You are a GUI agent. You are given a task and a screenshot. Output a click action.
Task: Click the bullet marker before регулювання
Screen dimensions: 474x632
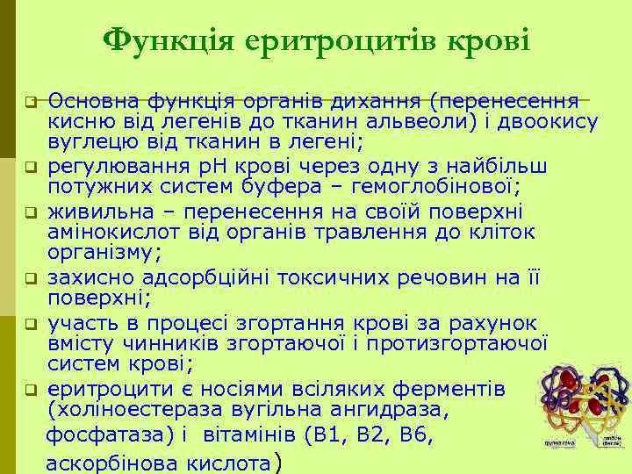click(29, 164)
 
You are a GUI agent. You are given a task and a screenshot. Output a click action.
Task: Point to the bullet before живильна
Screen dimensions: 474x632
click(29, 212)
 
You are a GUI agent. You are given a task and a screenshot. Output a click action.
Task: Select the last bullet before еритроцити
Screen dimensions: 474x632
click(29, 388)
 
